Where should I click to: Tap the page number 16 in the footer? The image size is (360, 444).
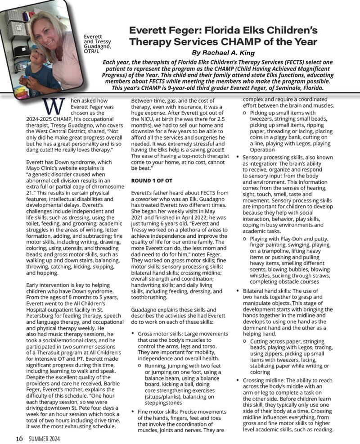click(19, 438)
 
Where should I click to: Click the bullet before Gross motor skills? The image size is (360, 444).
click(133, 334)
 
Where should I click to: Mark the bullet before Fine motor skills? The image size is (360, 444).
click(133, 412)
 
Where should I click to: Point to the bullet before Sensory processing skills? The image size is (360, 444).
click(238, 157)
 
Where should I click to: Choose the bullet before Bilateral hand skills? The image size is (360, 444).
click(238, 291)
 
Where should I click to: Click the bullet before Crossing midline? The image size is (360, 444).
click(238, 381)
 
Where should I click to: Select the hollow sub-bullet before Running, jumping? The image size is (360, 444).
click(140, 367)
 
